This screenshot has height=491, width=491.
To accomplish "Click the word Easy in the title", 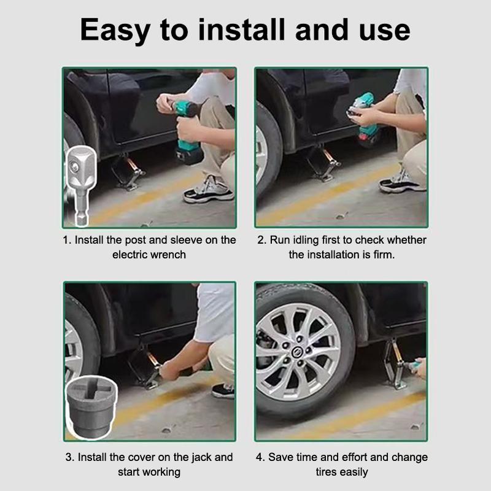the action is (x=115, y=30).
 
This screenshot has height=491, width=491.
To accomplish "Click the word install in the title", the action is (x=241, y=29).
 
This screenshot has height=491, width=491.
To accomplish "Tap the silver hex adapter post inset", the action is (x=81, y=185).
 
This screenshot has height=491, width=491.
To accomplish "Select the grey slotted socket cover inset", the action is (x=91, y=406).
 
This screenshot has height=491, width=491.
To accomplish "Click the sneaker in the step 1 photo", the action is (x=209, y=190).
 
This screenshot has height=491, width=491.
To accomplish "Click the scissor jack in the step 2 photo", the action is (x=324, y=163).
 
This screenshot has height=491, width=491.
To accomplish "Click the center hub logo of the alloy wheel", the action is (x=296, y=352).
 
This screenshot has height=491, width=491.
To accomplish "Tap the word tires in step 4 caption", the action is (x=326, y=472).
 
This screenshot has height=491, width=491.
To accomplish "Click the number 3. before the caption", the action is (x=70, y=457).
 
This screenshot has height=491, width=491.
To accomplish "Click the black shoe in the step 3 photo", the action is (x=223, y=392).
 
